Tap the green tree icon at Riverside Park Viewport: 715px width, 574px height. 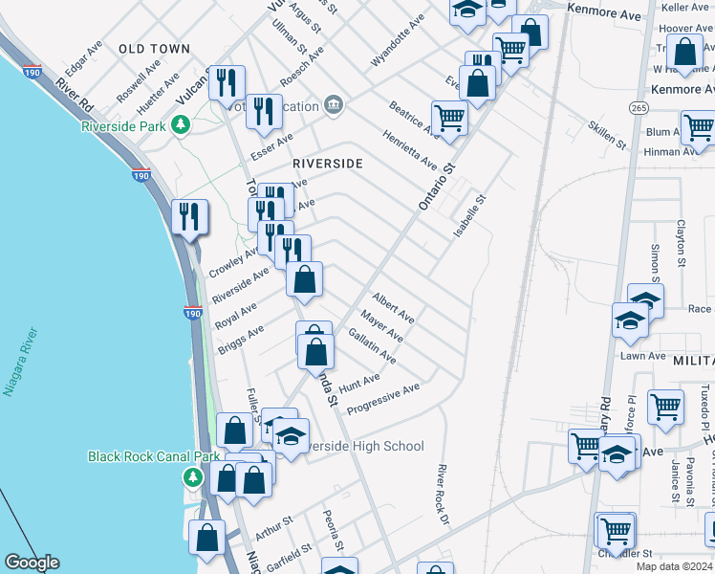[x=180, y=124]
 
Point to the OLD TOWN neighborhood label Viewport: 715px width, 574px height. [x=155, y=48]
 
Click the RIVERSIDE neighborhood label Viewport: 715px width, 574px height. [x=328, y=164]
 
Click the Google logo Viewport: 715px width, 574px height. [x=32, y=563]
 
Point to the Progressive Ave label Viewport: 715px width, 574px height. [x=383, y=400]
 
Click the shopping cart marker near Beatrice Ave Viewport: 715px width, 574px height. [x=449, y=119]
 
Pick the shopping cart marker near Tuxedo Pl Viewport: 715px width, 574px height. [x=665, y=407]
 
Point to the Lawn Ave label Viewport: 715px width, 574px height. [x=642, y=356]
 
